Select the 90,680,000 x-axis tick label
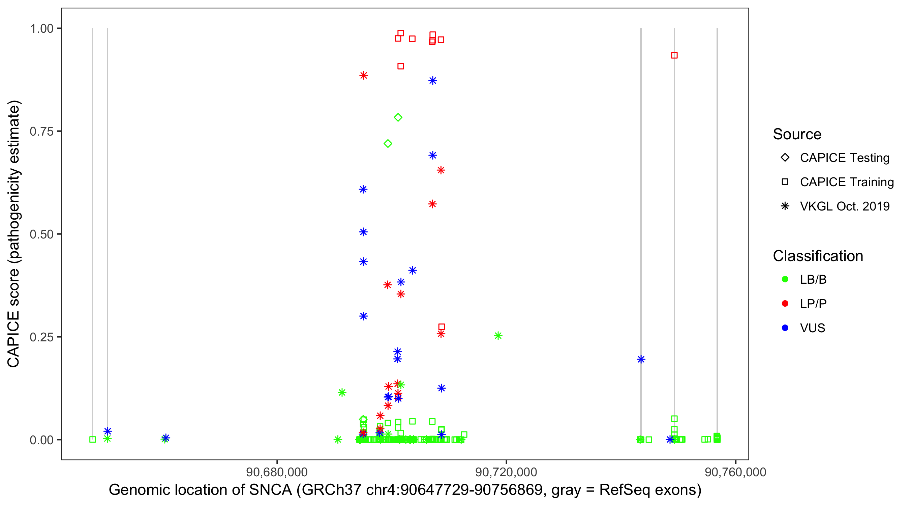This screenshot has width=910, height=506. pyautogui.click(x=277, y=472)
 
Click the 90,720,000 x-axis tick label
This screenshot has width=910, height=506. pyautogui.click(x=506, y=472)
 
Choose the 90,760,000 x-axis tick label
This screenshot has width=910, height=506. pyautogui.click(x=735, y=472)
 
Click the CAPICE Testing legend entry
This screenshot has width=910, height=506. pyautogui.click(x=844, y=158)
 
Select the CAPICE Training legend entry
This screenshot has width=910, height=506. pyautogui.click(x=846, y=182)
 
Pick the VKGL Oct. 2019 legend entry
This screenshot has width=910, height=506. pyautogui.click(x=844, y=206)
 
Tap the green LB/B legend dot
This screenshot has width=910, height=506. pyautogui.click(x=785, y=279)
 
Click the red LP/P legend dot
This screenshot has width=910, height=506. pyautogui.click(x=785, y=304)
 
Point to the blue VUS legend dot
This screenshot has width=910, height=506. pyautogui.click(x=785, y=328)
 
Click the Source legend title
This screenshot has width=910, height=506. pyautogui.click(x=797, y=134)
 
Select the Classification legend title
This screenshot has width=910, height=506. pyautogui.click(x=818, y=256)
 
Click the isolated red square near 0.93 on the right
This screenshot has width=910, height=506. pyautogui.click(x=674, y=55)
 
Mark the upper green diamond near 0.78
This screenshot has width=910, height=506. pyautogui.click(x=398, y=117)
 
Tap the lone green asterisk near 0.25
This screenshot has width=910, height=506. pyautogui.click(x=498, y=336)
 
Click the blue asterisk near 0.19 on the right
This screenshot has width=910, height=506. pyautogui.click(x=641, y=359)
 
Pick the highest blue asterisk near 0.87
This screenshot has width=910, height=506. pyautogui.click(x=432, y=81)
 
